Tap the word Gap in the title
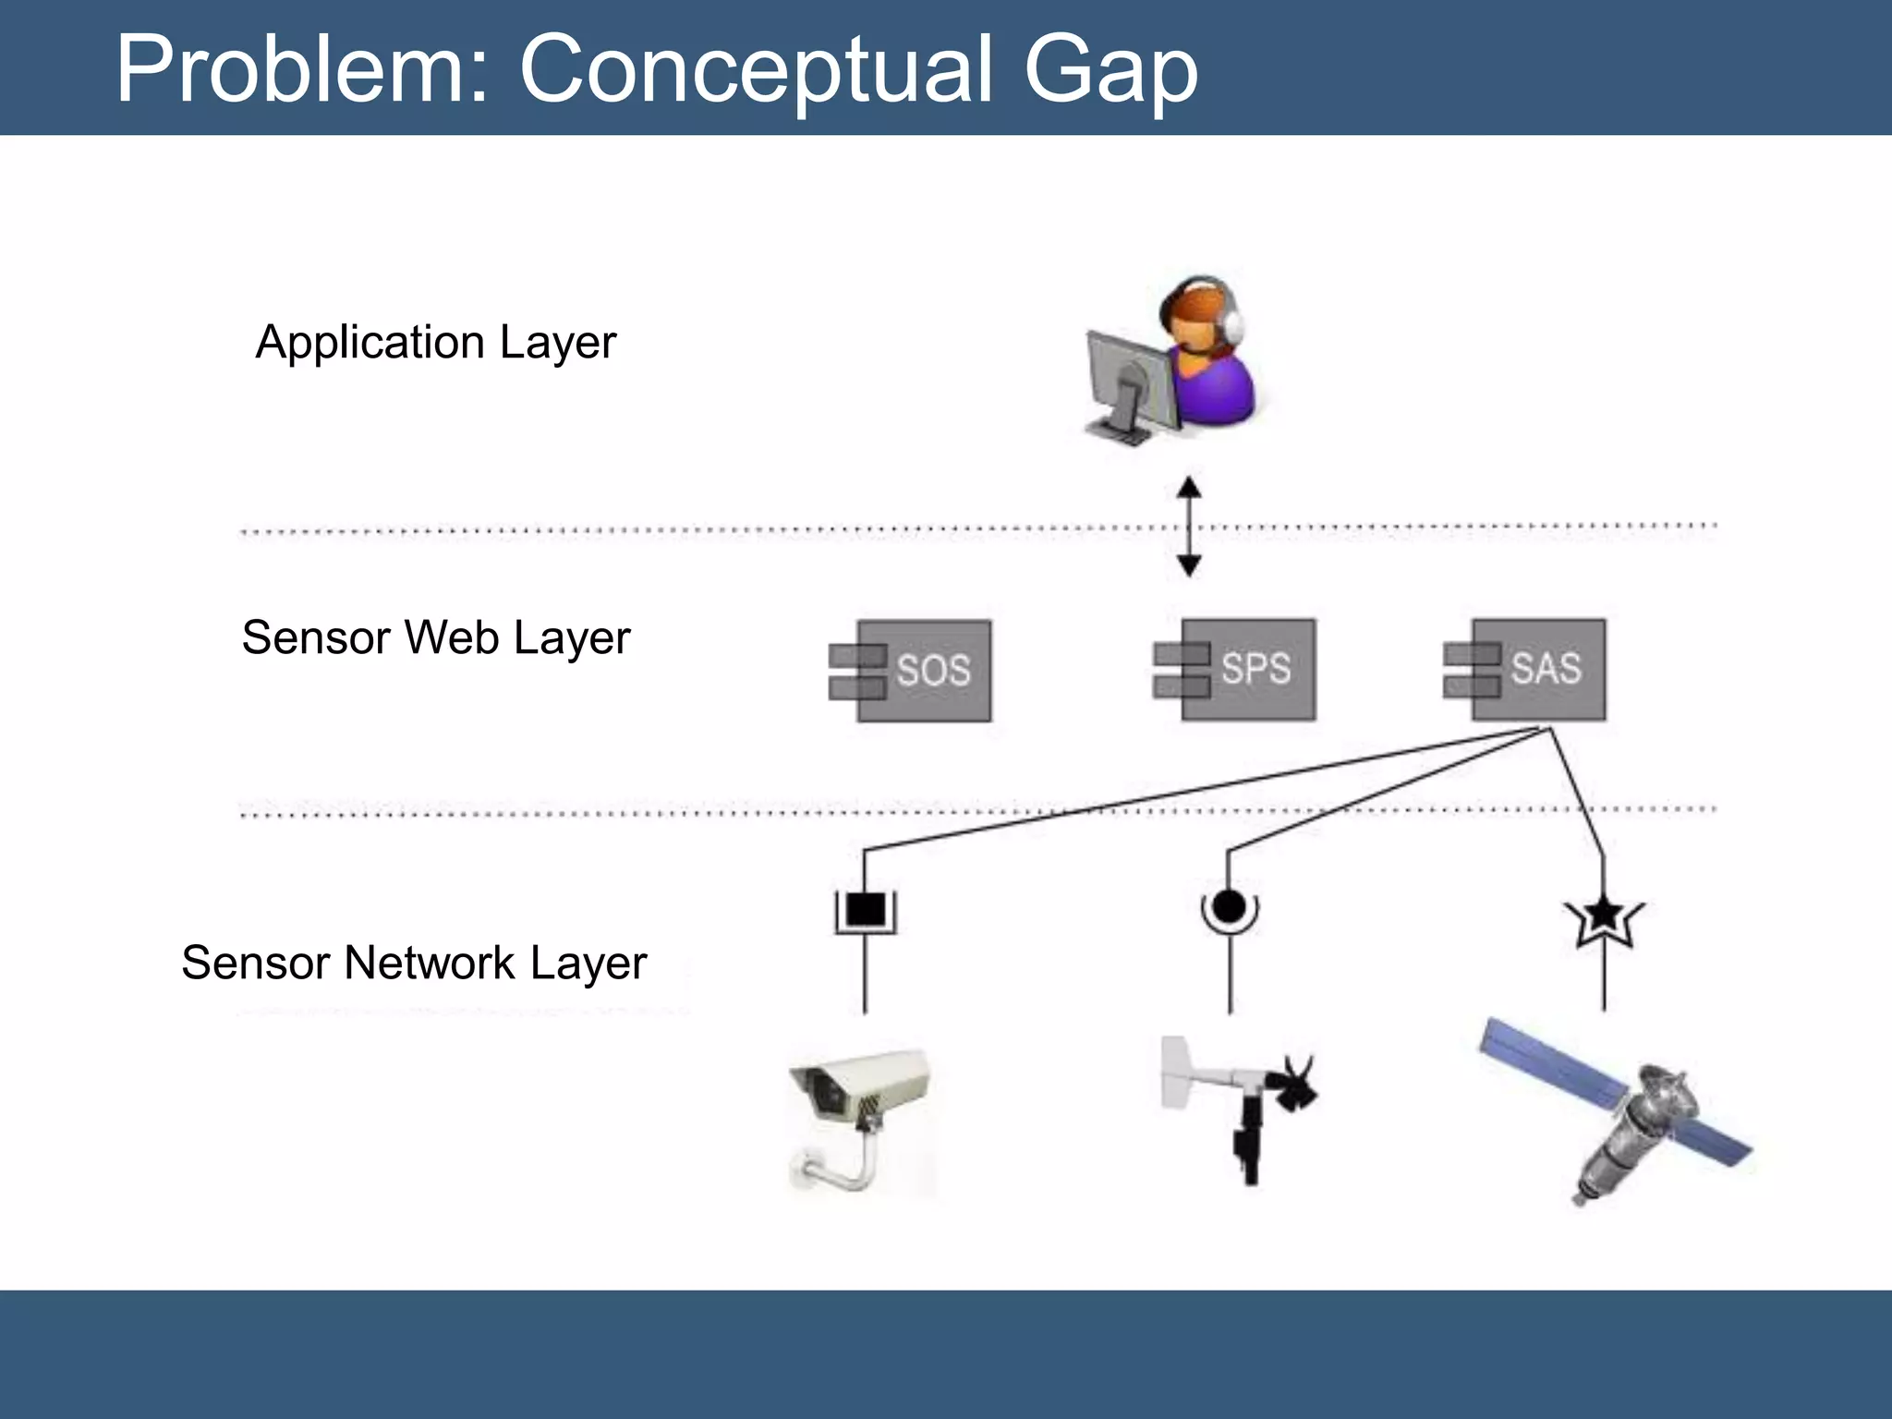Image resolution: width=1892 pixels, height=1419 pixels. tap(1110, 68)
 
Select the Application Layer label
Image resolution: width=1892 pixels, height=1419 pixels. tap(435, 343)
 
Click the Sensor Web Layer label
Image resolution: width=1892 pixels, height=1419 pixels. tap(435, 637)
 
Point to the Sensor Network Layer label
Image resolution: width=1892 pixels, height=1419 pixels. tap(414, 963)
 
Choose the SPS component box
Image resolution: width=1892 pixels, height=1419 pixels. tap(1247, 669)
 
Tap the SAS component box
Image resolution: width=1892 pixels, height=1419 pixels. tap(1537, 669)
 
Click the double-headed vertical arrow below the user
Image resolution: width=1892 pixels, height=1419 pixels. tap(1189, 528)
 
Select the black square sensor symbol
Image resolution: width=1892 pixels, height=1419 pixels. tap(866, 910)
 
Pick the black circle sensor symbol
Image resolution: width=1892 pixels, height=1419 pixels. tap(1229, 907)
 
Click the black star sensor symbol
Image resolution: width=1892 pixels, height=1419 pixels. tap(1604, 916)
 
